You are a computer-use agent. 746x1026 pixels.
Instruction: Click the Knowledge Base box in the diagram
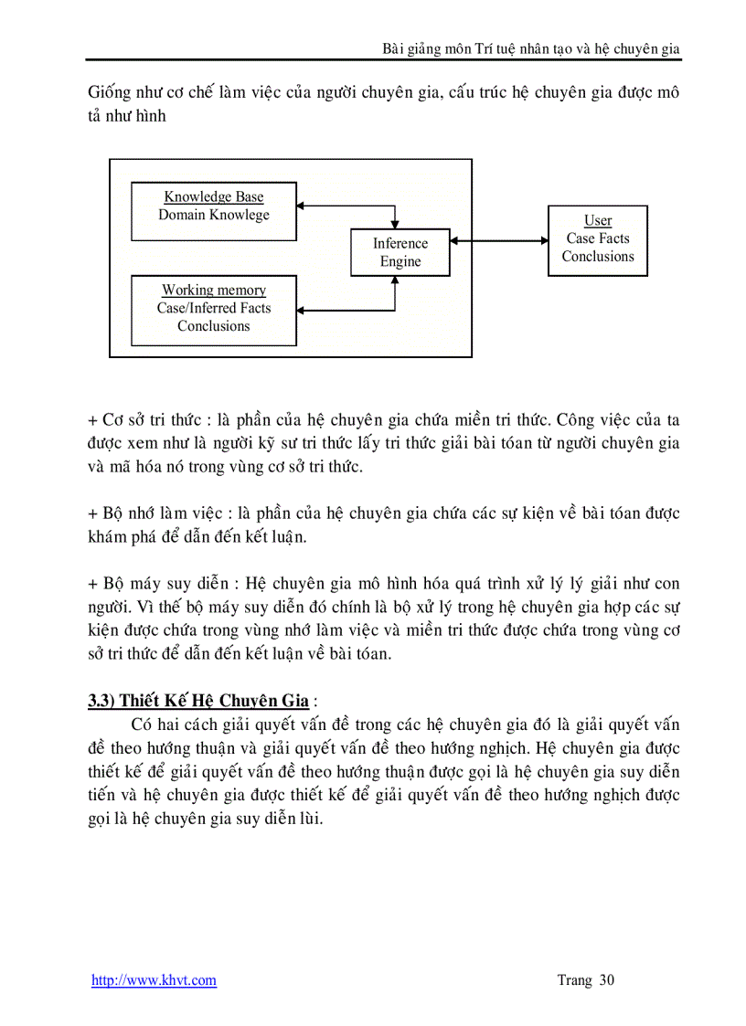[214, 211]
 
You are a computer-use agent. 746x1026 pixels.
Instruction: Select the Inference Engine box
[400, 252]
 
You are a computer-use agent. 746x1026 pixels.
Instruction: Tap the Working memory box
[214, 311]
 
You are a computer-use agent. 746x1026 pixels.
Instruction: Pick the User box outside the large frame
[598, 240]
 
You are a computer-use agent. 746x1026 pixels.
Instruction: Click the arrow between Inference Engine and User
[499, 241]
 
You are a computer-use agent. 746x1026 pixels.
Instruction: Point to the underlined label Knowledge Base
[214, 196]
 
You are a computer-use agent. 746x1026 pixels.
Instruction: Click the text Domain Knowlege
[214, 215]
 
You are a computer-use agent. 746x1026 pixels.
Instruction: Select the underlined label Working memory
[214, 291]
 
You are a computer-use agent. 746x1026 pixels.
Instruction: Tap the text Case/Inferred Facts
[214, 308]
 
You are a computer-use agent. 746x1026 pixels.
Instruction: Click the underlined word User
[598, 221]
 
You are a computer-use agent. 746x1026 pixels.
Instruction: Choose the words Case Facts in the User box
[598, 238]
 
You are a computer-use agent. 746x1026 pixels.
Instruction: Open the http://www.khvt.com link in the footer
[154, 980]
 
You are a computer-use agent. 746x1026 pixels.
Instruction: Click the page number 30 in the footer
[607, 980]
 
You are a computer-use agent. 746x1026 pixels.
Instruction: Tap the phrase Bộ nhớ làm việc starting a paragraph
[150, 513]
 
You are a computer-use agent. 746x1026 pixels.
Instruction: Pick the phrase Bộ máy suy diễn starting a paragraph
[153, 584]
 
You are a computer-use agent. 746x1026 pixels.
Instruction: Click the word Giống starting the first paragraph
[109, 93]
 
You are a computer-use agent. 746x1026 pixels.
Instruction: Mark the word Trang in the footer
[574, 980]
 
